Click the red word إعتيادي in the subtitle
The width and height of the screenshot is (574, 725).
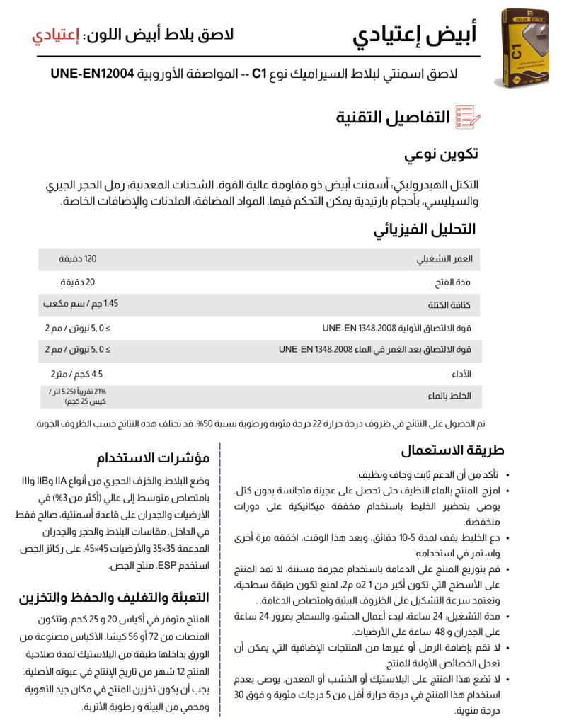[55, 35]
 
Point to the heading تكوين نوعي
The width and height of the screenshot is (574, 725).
[441, 154]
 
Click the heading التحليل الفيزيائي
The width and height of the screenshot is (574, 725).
[425, 229]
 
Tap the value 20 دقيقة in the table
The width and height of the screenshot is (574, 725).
[81, 282]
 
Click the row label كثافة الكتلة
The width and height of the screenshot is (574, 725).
[452, 305]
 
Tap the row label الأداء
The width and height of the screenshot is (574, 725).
[461, 373]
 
